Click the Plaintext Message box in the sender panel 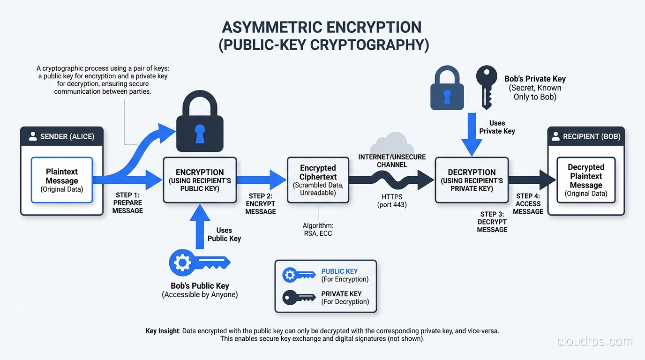(62, 180)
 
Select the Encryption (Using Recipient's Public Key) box (200, 180)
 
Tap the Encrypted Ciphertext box (318, 180)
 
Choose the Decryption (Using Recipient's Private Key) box (472, 180)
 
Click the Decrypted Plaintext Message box (586, 180)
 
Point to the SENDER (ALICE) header (62, 136)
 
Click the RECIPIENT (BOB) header (586, 136)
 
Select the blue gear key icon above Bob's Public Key (199, 262)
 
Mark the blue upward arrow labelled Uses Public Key (196, 227)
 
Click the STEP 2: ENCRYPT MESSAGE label (261, 204)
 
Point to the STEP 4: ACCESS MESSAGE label (528, 204)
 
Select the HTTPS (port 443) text (392, 201)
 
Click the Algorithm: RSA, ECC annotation (317, 229)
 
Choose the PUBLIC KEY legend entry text (339, 271)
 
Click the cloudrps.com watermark (594, 341)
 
